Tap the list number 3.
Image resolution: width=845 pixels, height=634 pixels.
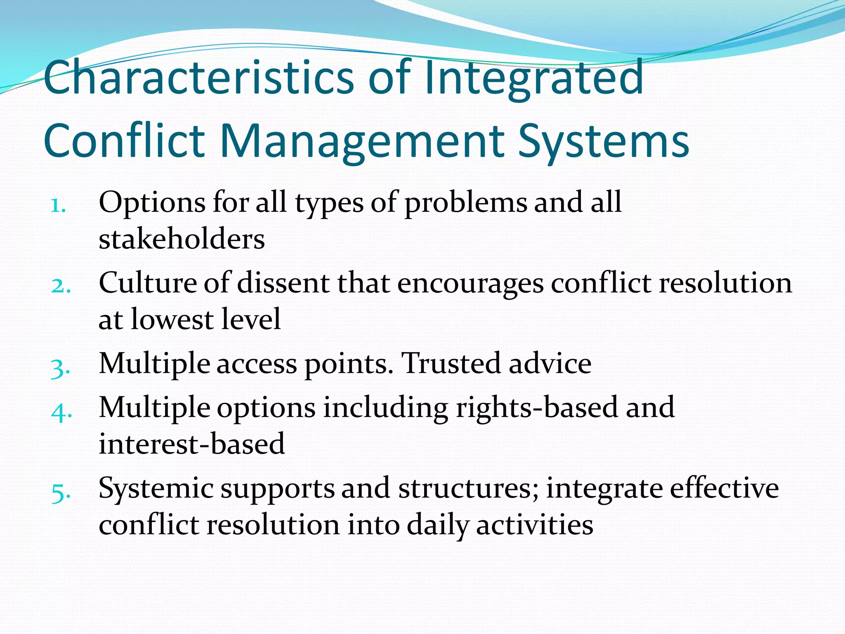tap(60, 367)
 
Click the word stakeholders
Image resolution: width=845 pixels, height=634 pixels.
tap(182, 239)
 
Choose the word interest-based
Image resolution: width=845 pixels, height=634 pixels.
tap(192, 444)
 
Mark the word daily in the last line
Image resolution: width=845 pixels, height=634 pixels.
tap(438, 526)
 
